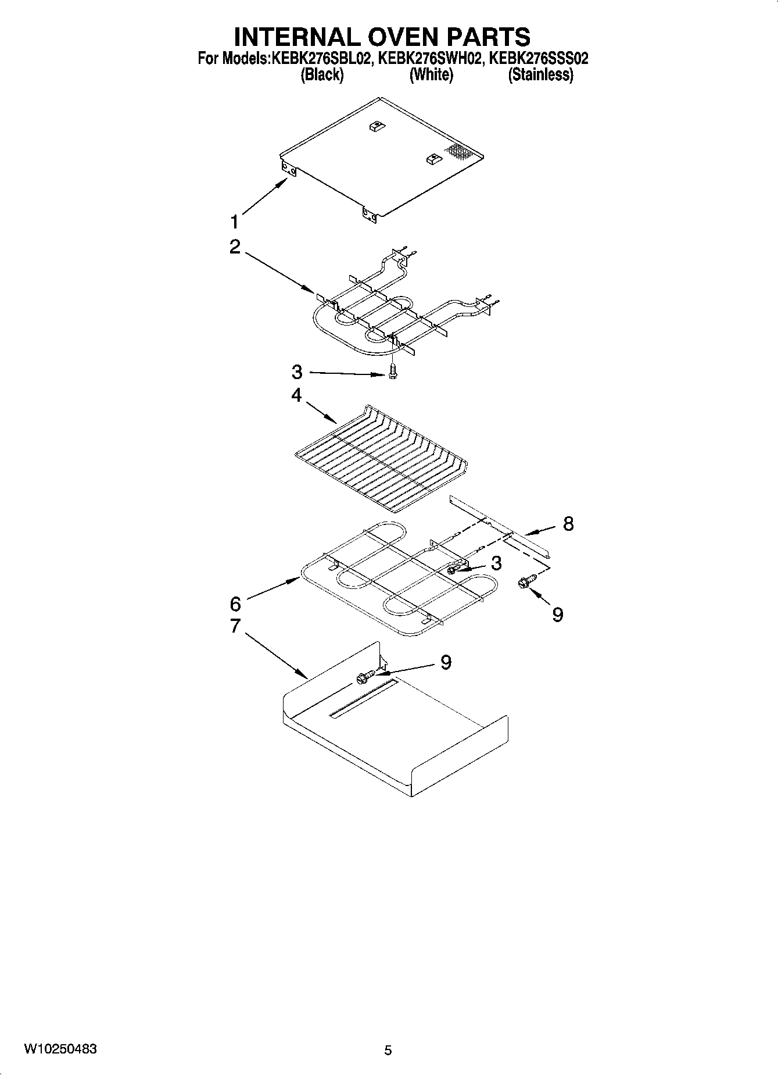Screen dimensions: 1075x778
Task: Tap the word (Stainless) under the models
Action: click(x=540, y=74)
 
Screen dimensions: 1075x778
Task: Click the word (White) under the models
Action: click(x=431, y=74)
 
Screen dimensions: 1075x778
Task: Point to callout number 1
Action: click(x=234, y=222)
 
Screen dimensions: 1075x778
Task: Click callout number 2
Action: click(x=235, y=247)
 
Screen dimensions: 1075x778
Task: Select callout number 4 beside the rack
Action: click(x=296, y=395)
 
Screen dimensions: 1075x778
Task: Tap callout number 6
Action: click(x=235, y=604)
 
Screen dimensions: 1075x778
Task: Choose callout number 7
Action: click(x=235, y=626)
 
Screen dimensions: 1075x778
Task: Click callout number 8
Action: click(x=568, y=523)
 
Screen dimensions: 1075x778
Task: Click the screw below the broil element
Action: click(x=393, y=370)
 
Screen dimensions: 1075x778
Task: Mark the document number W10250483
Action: click(x=60, y=1049)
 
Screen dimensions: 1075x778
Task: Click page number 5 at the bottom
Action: click(x=388, y=1050)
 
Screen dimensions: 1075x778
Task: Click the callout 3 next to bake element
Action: click(x=496, y=563)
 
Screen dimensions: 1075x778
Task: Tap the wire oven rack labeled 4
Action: click(x=381, y=459)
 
